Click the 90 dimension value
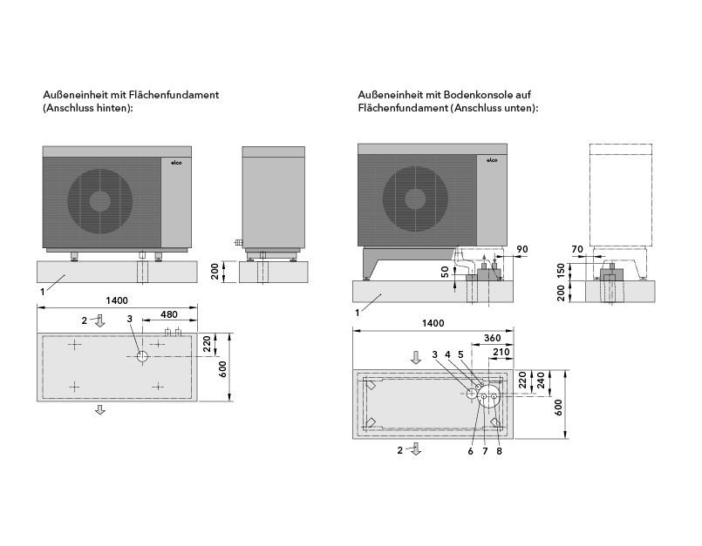(x=523, y=249)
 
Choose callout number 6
(x=470, y=450)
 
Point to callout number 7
(x=484, y=450)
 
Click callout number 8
(x=498, y=450)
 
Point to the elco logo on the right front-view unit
(x=490, y=160)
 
